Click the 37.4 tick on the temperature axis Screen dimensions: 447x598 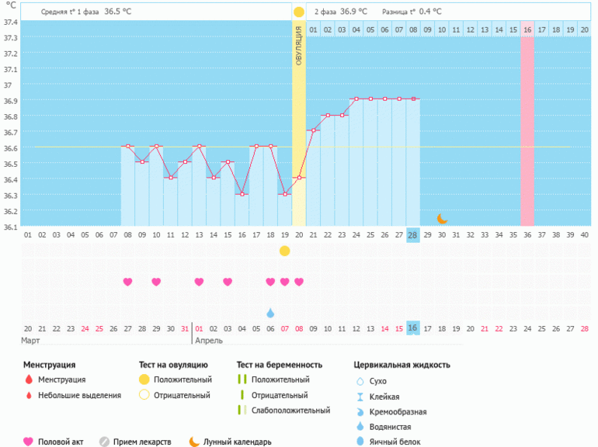click(9, 21)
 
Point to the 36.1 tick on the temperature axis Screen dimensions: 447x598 click(9, 227)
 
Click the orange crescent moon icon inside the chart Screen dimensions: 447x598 click(442, 219)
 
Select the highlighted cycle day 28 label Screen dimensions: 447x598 click(412, 235)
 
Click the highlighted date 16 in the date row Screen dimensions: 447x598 click(412, 328)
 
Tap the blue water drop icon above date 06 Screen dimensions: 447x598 click(270, 313)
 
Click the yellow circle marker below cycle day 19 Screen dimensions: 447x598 click(284, 251)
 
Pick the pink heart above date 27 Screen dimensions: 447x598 click(127, 282)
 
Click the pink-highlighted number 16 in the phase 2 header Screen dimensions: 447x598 click(527, 29)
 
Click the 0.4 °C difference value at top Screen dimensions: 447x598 click(426, 12)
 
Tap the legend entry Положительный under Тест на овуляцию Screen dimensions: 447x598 click(182, 379)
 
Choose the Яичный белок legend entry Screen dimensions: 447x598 click(396, 442)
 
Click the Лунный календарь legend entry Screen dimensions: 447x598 click(237, 442)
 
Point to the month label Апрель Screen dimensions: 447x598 click(207, 341)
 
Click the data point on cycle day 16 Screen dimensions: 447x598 click(242, 194)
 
